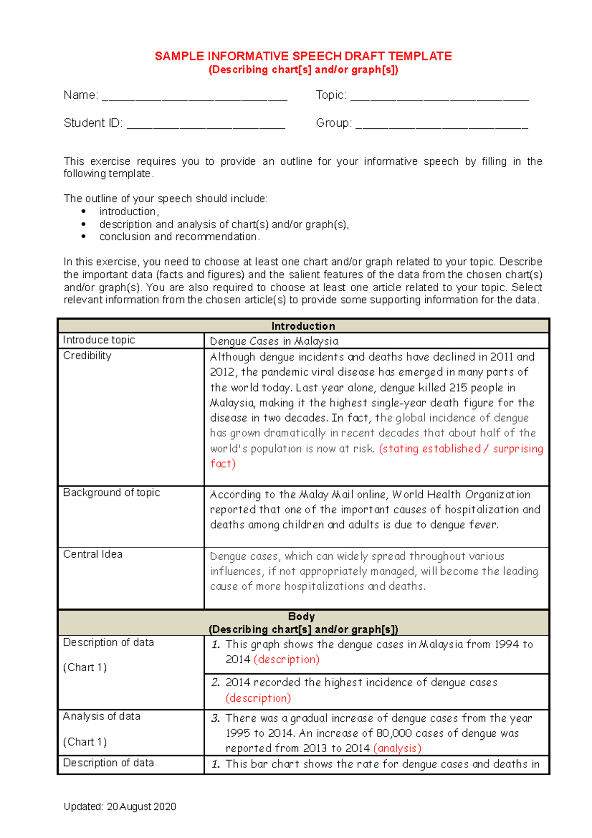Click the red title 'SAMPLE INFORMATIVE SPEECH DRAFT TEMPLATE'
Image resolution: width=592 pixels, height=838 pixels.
(303, 56)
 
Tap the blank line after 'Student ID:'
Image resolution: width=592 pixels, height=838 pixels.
(206, 124)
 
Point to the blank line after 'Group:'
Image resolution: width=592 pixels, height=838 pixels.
(442, 124)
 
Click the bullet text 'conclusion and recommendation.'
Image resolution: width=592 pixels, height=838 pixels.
(180, 237)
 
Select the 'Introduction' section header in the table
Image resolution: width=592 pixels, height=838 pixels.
(303, 326)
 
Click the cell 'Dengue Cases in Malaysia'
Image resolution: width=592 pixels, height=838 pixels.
(274, 341)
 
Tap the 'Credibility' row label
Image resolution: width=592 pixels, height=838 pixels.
(87, 356)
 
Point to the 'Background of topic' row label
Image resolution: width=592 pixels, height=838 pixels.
(111, 493)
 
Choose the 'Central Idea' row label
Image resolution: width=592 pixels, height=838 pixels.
(93, 554)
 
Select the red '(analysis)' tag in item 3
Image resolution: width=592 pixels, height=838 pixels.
(397, 748)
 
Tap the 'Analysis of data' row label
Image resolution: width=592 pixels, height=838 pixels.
(102, 716)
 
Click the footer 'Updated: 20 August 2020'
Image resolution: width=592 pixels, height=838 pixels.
(120, 806)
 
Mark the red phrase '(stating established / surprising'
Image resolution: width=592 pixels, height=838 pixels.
(461, 449)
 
